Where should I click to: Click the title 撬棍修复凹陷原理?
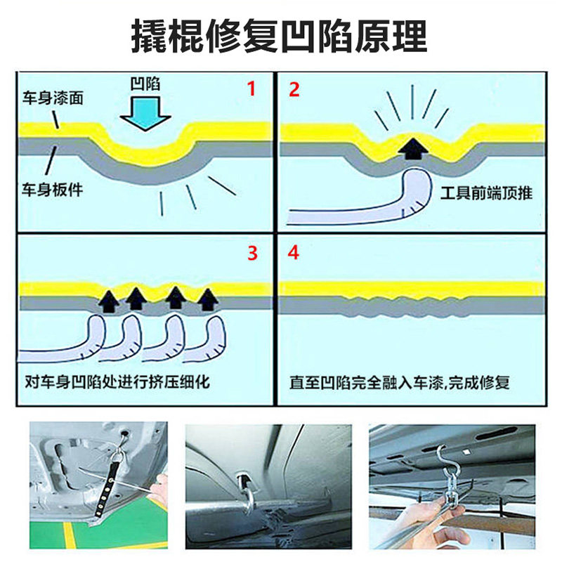coord(279,37)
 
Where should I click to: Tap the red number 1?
coord(251,89)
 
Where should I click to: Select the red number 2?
coord(294,90)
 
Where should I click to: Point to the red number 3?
coord(252,253)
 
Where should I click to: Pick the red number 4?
coord(293,252)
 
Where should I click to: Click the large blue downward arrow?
coord(145,113)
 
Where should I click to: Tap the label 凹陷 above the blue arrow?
coord(145,84)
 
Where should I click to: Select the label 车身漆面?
coord(53,98)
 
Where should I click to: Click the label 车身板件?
coord(52,189)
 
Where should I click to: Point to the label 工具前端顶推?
coord(486,193)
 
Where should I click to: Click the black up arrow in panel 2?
coord(413,149)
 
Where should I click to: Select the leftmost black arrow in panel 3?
coord(109,302)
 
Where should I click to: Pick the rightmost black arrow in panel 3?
coord(208,299)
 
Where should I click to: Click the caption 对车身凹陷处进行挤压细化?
coord(117,381)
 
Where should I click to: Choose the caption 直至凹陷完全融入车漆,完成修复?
coord(399,382)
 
